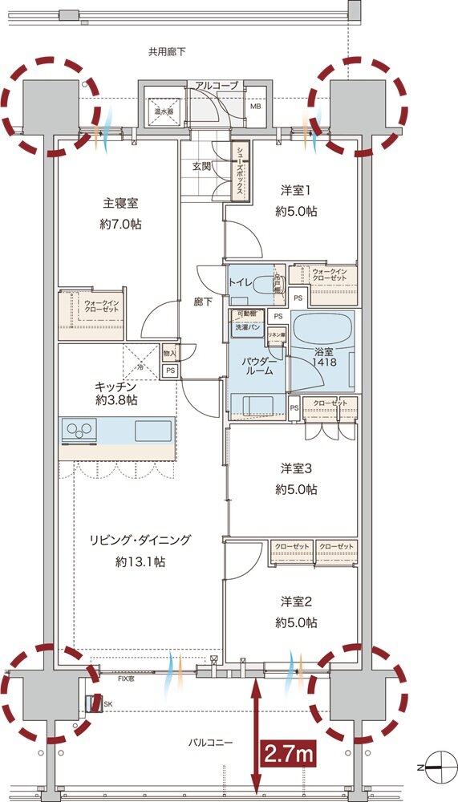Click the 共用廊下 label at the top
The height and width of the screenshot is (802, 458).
[x=167, y=52]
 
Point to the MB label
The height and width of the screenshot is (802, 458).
[x=256, y=105]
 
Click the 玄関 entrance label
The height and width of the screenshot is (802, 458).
[x=201, y=167]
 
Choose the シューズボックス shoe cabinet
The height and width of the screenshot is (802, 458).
[x=240, y=170]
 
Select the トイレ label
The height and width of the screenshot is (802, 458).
[x=241, y=282]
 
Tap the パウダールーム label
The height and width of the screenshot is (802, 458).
[x=257, y=367]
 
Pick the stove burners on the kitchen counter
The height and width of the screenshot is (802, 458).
[x=79, y=431]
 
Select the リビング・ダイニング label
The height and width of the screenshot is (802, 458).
[x=140, y=541]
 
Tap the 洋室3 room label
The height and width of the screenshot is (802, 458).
[x=298, y=468]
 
